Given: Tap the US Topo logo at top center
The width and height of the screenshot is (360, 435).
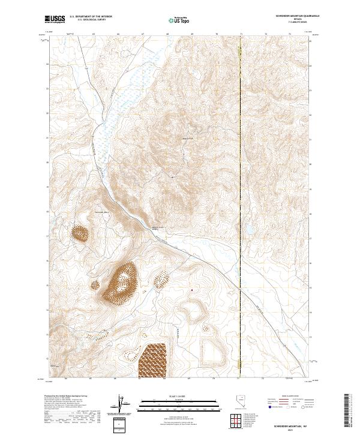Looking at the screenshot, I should (179, 20).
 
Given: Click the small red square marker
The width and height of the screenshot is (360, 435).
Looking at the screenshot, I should (192, 292).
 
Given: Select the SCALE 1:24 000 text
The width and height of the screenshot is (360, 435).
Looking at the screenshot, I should (179, 397).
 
